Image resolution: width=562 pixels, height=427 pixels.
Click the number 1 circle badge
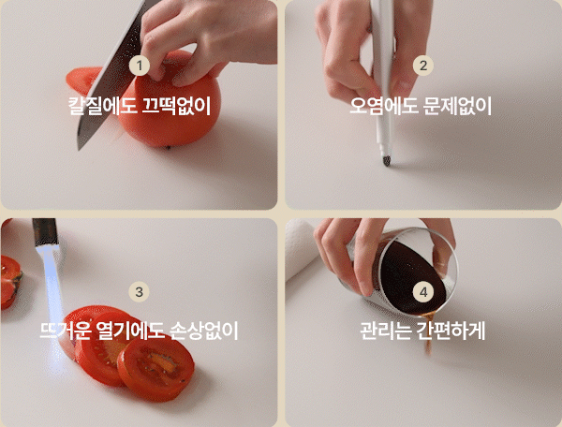pos(139,66)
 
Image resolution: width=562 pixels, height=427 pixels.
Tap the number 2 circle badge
pos(423,66)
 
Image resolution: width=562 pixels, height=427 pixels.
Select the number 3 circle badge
pos(139,292)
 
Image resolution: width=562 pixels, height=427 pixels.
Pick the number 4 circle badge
pos(423,292)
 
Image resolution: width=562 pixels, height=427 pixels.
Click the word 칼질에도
pos(102,106)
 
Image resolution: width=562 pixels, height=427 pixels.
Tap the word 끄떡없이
pos(176,106)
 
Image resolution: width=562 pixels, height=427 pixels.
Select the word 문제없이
pos(457,106)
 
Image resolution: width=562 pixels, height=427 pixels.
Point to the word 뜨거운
pos(66,331)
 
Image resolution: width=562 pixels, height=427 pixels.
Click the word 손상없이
pos(204,331)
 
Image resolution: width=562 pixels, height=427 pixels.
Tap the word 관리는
pos(386,331)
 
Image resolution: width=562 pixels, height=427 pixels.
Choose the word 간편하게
pos(451,331)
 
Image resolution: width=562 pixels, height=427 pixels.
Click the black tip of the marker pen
pos(386,160)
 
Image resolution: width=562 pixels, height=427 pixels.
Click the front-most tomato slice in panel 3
pos(156,369)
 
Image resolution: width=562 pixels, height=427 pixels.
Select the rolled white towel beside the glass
pos(301,249)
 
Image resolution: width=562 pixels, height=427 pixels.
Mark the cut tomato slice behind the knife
pos(83,80)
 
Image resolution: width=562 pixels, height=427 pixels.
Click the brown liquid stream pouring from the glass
pos(428,333)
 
